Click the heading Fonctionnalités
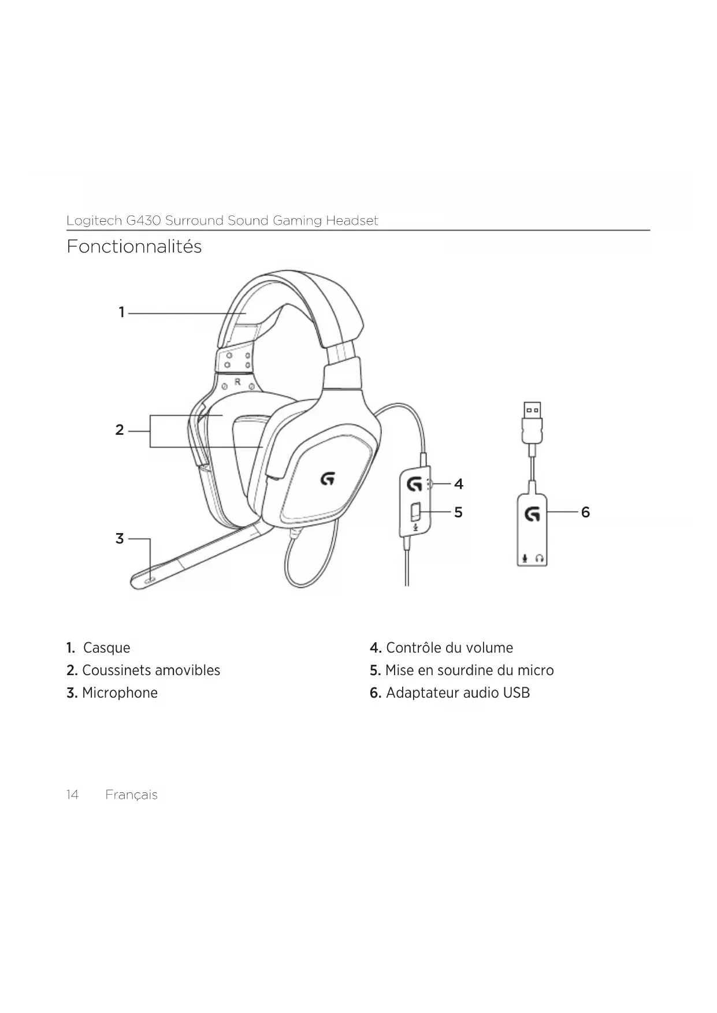point(134,247)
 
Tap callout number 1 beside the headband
point(121,312)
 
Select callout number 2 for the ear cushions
point(120,430)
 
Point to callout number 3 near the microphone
point(120,539)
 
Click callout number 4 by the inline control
point(459,484)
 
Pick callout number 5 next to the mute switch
point(458,512)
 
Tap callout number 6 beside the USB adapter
point(585,512)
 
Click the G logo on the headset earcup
point(328,479)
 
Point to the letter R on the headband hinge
point(237,382)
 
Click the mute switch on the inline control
point(415,512)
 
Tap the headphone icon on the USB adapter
point(540,558)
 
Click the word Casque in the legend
point(106,648)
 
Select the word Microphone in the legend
point(120,693)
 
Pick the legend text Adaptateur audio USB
point(458,693)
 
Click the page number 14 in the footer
point(72,795)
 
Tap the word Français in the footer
point(131,795)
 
